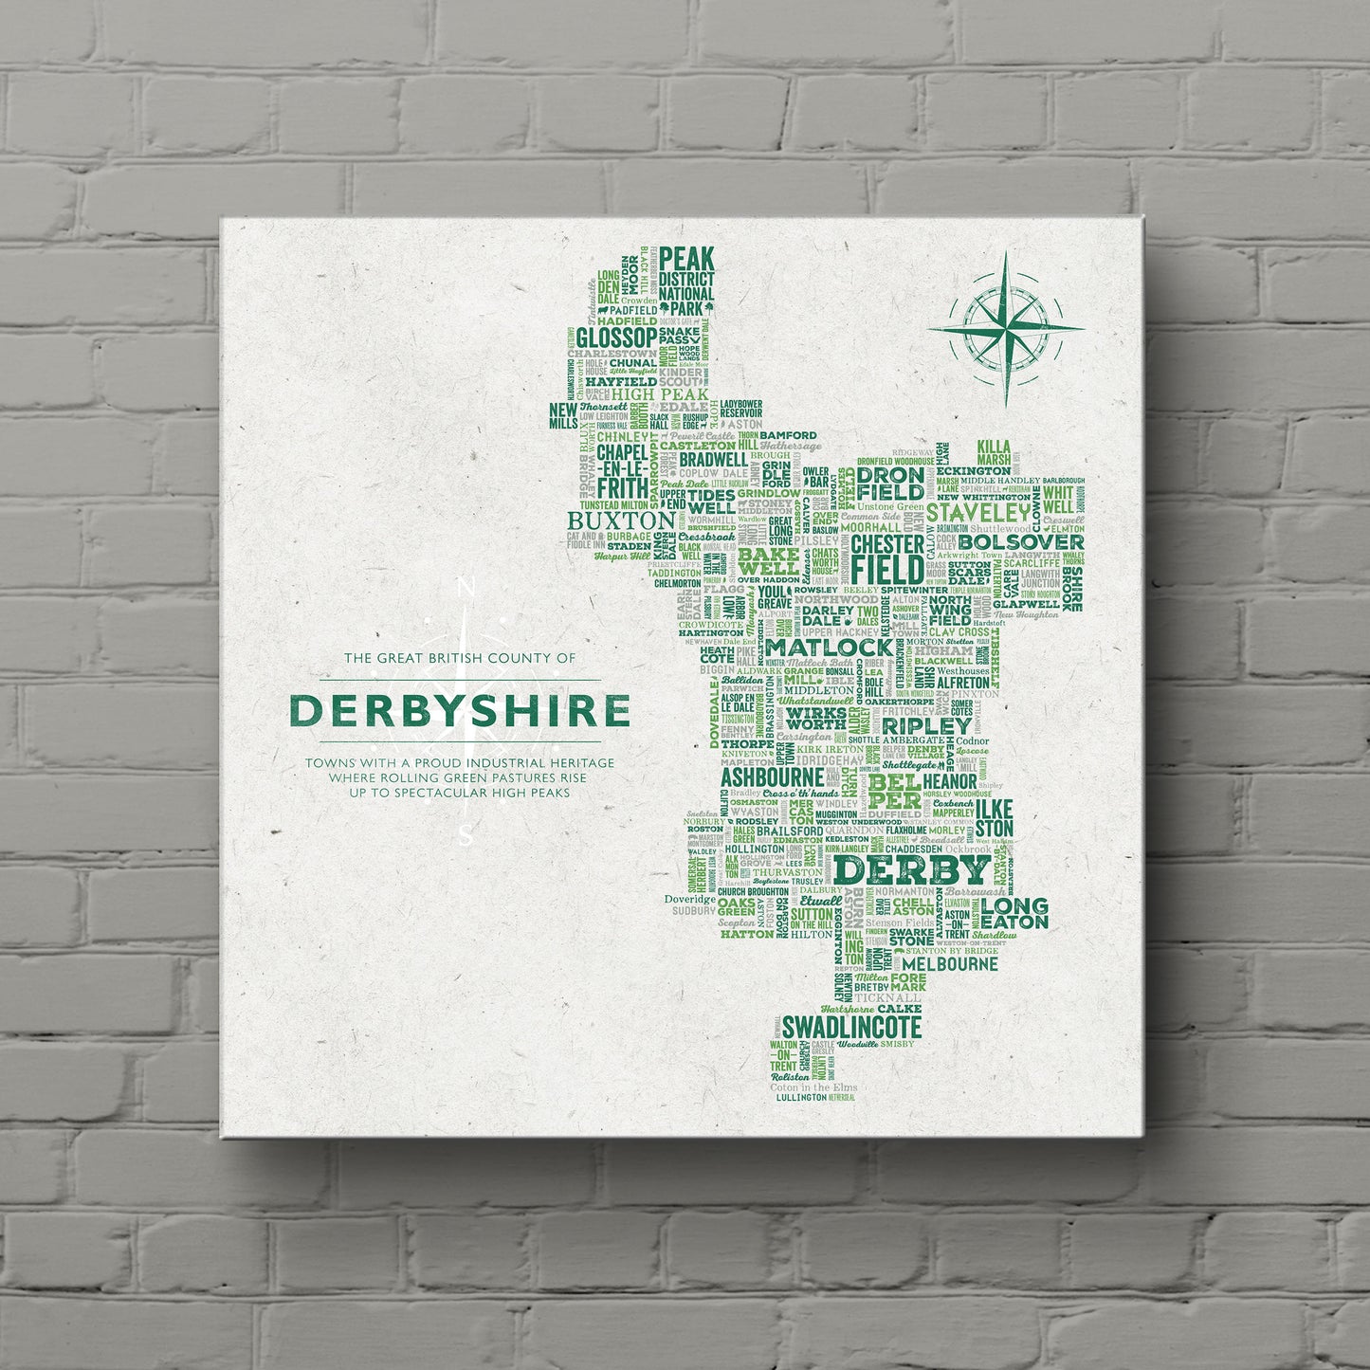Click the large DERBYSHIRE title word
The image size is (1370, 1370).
(x=459, y=711)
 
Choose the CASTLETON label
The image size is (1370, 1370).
(x=697, y=444)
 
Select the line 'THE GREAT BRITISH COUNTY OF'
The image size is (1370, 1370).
(x=460, y=657)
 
